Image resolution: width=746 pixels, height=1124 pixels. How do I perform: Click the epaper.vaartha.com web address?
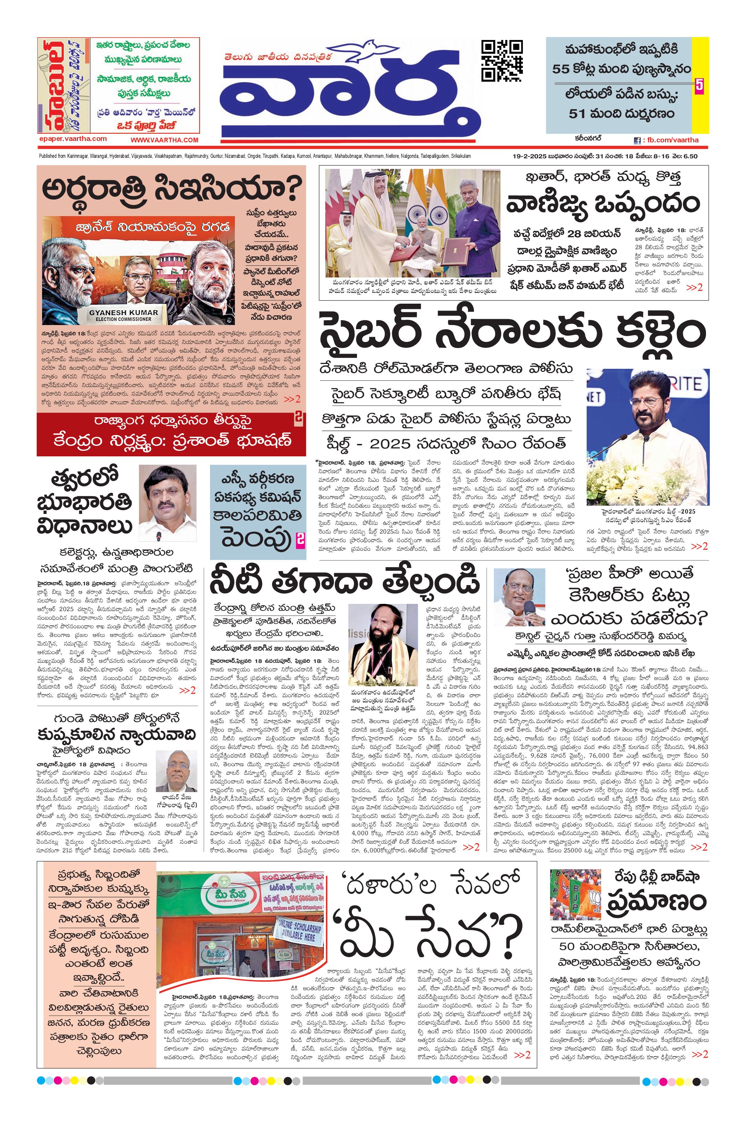[73, 139]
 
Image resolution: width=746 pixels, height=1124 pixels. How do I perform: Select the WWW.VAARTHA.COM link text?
[164, 140]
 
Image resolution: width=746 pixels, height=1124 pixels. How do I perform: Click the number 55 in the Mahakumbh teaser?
[561, 69]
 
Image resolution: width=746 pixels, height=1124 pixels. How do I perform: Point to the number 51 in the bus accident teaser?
[577, 114]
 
